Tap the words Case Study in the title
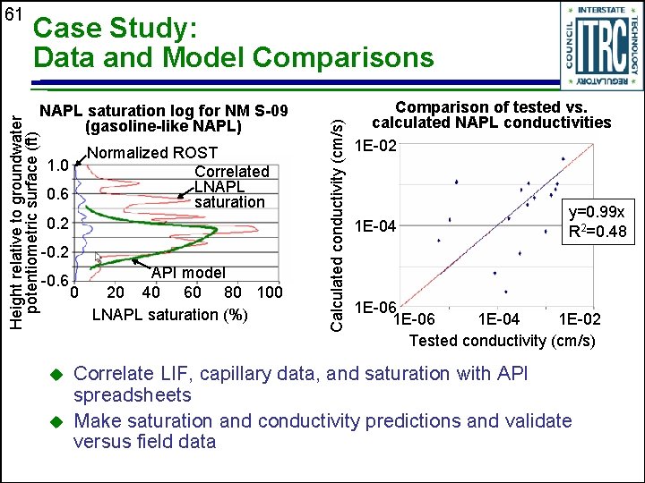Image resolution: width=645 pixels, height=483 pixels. (x=114, y=30)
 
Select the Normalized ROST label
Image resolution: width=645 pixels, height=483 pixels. (x=139, y=152)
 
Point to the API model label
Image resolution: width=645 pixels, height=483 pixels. (x=188, y=272)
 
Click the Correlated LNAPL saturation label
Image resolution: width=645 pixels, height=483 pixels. (x=230, y=186)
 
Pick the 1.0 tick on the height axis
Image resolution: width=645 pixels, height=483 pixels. (x=58, y=165)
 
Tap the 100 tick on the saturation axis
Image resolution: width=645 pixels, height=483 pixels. (x=269, y=292)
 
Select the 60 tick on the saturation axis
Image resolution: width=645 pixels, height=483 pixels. (x=193, y=292)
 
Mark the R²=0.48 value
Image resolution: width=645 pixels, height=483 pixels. (x=600, y=233)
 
